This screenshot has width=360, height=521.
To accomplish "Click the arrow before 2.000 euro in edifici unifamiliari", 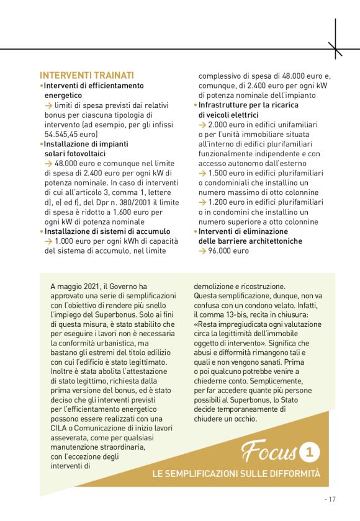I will (x=202, y=125).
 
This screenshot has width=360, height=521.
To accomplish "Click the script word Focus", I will (x=269, y=451).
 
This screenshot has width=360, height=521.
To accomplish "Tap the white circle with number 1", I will (x=308, y=451).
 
